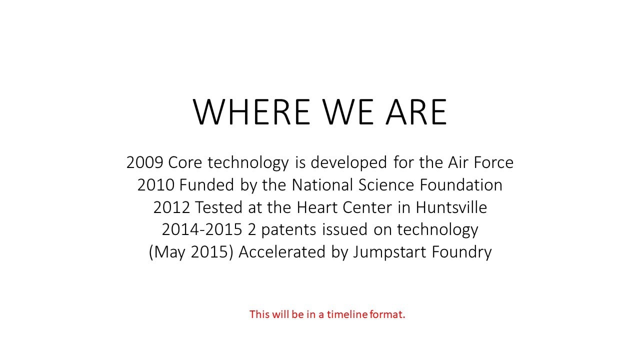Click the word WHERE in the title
coord(251,111)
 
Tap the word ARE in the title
coord(416,111)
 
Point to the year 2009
coord(144,162)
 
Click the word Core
coord(185,162)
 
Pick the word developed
coord(349,163)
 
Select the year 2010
coord(155,185)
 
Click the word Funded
coord(207,184)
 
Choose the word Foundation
coord(461,184)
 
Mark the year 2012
coord(171,207)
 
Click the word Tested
coord(219,207)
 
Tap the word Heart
coord(317,207)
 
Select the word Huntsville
coord(451,207)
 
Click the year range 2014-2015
coord(202,229)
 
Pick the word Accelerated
coord(282,251)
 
